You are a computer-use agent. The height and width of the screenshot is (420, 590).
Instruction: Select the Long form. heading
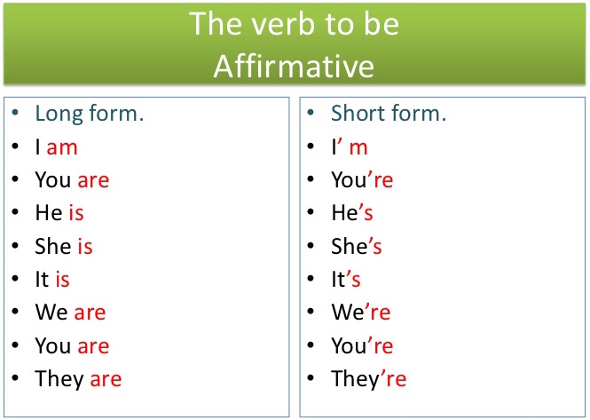(90, 114)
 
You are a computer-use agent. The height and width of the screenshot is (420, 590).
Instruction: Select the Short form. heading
(389, 114)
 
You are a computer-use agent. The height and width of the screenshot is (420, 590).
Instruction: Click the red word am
(62, 147)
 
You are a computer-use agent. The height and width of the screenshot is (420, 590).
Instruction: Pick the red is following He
(76, 213)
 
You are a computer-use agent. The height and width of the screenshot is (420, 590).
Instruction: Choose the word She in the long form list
(52, 246)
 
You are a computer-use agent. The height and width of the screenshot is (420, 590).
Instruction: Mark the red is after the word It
(62, 280)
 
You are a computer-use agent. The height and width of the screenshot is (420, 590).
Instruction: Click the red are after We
(90, 313)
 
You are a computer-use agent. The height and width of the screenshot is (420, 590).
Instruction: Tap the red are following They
(106, 379)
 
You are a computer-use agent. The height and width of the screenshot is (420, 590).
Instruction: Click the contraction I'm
(350, 147)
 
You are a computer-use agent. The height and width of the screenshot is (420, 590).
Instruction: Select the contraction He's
(352, 213)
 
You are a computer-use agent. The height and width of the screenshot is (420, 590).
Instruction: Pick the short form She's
(357, 246)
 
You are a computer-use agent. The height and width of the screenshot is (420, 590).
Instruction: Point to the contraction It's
(346, 280)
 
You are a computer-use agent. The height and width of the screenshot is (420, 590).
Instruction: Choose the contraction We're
(360, 313)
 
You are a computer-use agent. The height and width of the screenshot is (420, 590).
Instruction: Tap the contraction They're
(368, 379)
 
